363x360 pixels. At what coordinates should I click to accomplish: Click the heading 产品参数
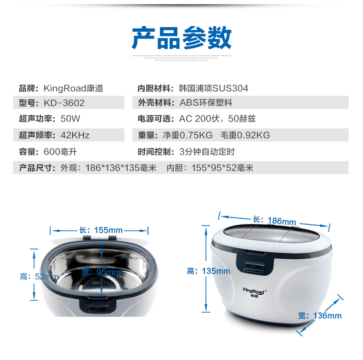tap(181, 38)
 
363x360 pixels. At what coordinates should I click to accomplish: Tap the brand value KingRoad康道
tap(73, 88)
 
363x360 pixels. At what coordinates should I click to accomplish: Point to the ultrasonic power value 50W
tap(70, 119)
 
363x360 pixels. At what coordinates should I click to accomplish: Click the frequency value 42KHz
tap(75, 135)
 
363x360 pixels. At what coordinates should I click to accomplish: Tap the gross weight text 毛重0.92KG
tap(245, 135)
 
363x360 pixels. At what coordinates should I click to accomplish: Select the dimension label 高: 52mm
tap(39, 276)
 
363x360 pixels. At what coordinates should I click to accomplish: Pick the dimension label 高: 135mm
tap(208, 271)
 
